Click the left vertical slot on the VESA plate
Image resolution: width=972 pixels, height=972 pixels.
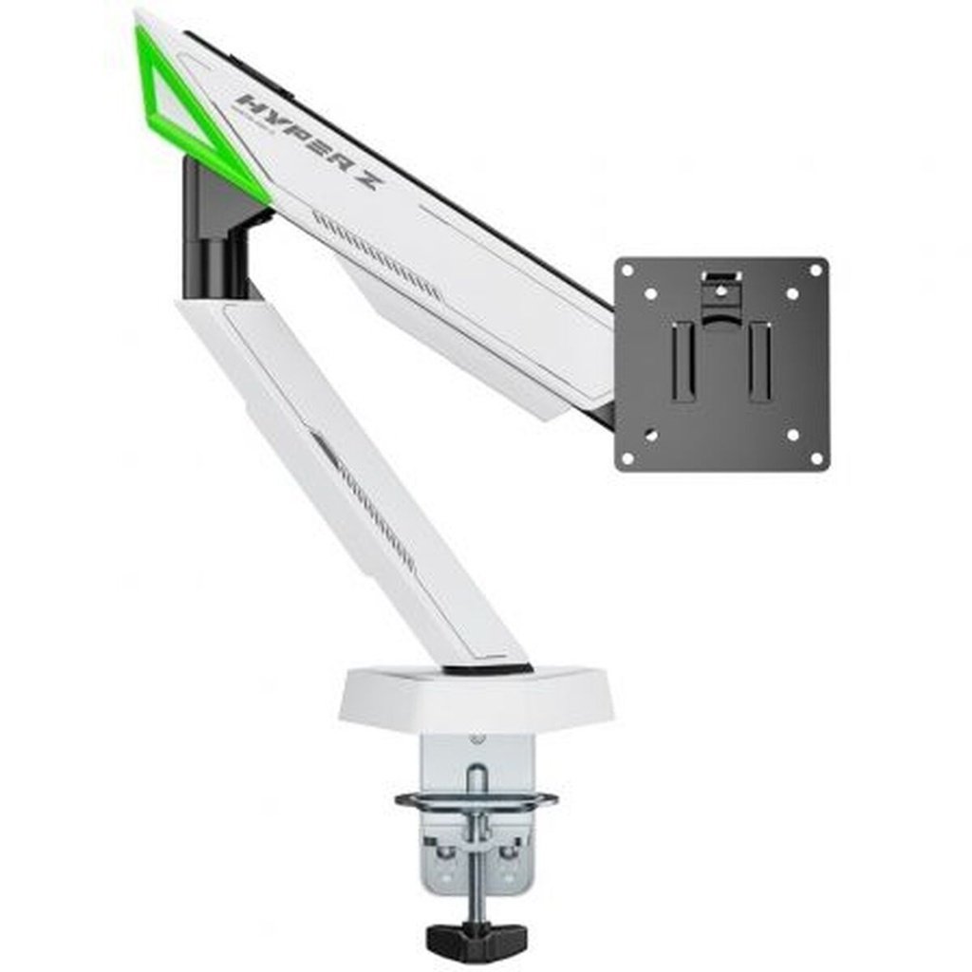click(683, 361)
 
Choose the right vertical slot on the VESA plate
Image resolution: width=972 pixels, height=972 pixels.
click(759, 361)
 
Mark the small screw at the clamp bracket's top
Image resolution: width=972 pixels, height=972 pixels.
click(477, 739)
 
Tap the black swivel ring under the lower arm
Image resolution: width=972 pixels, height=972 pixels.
click(487, 670)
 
